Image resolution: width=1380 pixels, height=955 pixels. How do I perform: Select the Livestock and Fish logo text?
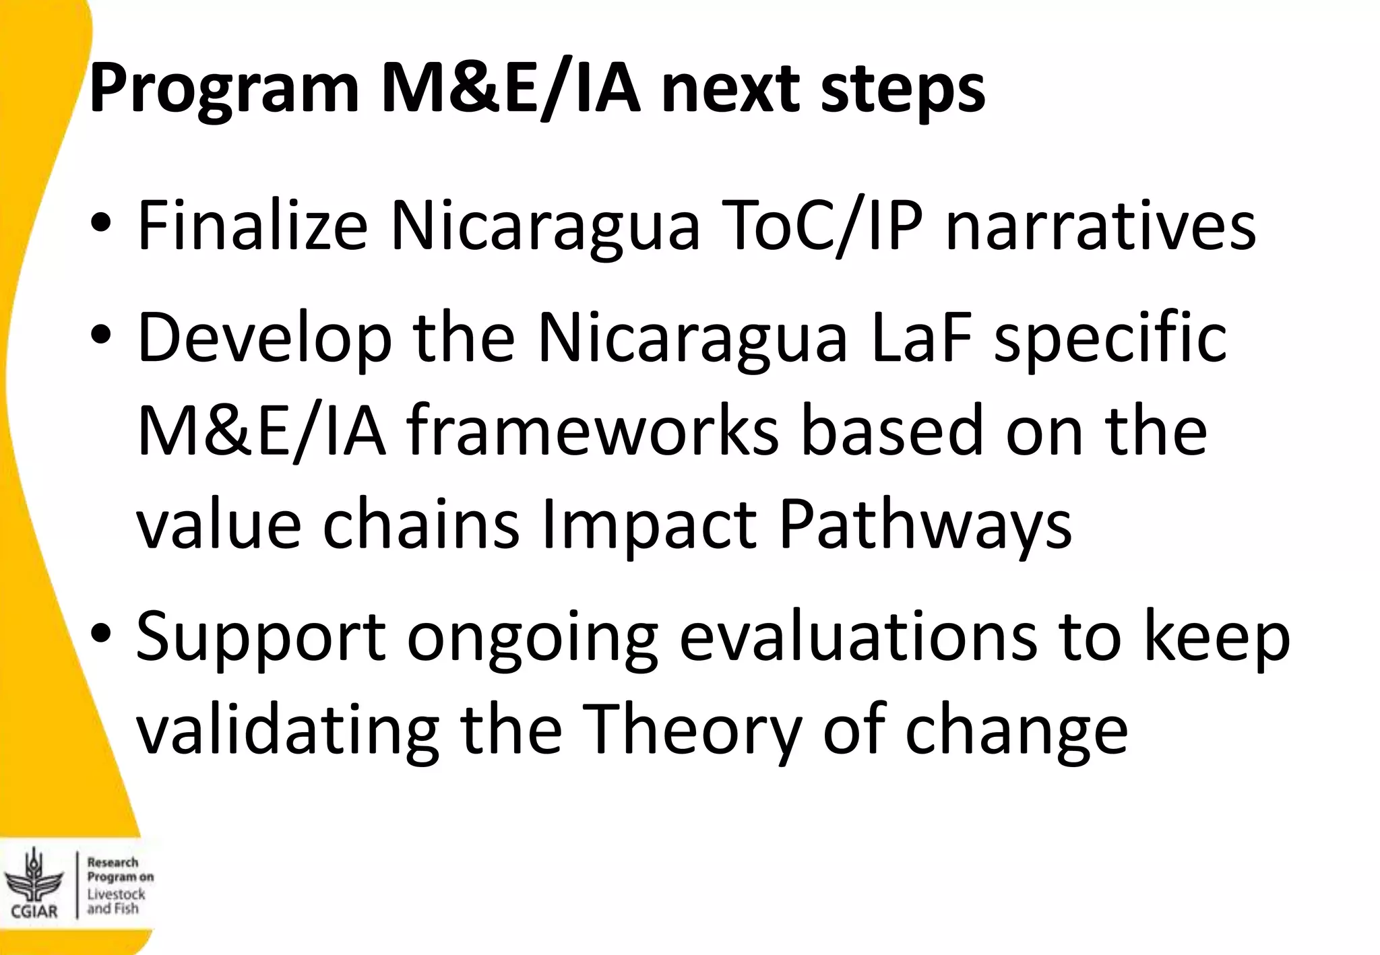[x=116, y=901]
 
